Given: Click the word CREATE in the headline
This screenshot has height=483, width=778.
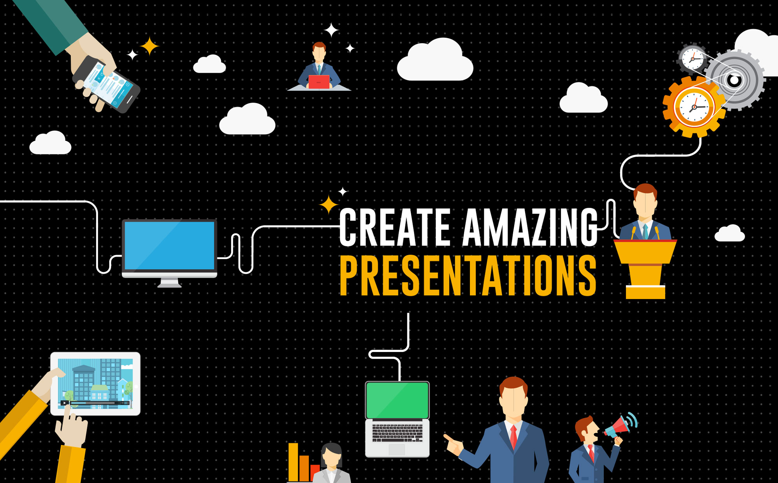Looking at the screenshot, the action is point(394,227).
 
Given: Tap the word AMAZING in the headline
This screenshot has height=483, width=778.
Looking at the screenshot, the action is point(530,227).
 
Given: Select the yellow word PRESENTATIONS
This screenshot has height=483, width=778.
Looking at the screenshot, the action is point(468,275).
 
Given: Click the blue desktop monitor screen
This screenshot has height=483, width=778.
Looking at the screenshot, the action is point(169,245).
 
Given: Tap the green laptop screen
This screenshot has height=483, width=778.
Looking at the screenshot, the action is point(397,400).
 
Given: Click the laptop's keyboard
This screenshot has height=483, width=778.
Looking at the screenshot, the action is point(397,432).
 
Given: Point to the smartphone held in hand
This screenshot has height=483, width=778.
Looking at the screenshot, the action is point(106,84).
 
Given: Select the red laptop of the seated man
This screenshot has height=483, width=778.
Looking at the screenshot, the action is point(319,82).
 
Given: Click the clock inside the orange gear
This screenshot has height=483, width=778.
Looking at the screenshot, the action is point(694,107).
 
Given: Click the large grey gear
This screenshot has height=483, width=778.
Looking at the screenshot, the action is point(735,80).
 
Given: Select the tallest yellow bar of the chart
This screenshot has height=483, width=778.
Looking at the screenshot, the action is point(293,462).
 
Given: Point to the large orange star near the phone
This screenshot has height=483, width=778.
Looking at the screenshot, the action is point(149,47).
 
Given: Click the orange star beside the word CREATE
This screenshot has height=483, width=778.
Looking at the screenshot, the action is point(329,205).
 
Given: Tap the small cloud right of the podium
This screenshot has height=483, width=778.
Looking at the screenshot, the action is point(730,233).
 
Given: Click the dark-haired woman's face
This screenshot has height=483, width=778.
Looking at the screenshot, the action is point(331,460).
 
